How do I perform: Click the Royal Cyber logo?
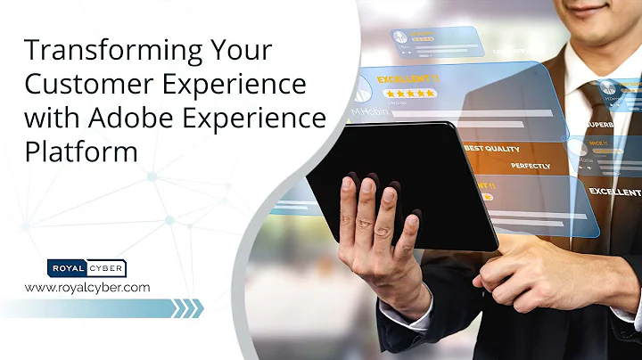(86, 267)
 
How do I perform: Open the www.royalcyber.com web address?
(86, 287)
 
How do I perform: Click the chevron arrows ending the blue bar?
(187, 308)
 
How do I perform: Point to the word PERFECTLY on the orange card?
(530, 166)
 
